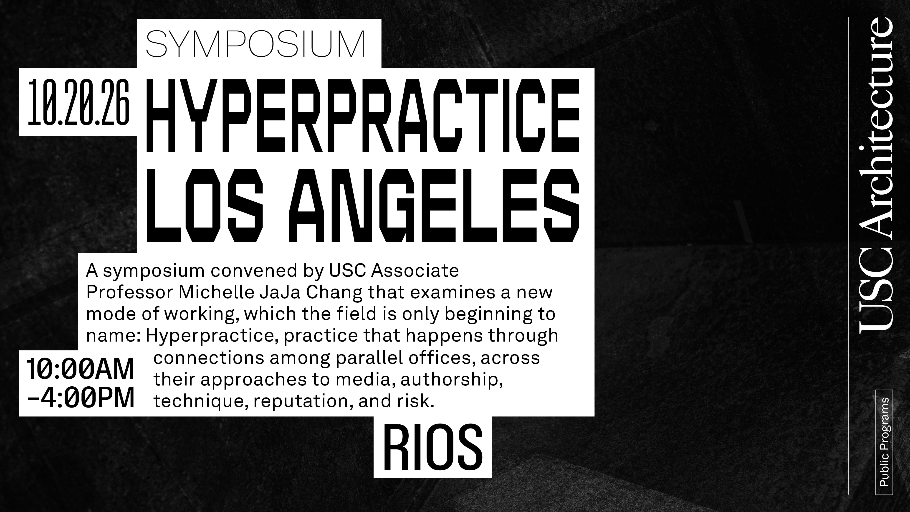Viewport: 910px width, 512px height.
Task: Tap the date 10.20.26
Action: click(x=79, y=102)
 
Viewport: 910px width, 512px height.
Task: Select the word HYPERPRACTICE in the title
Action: click(x=363, y=116)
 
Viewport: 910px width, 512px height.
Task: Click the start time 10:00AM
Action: click(x=81, y=369)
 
